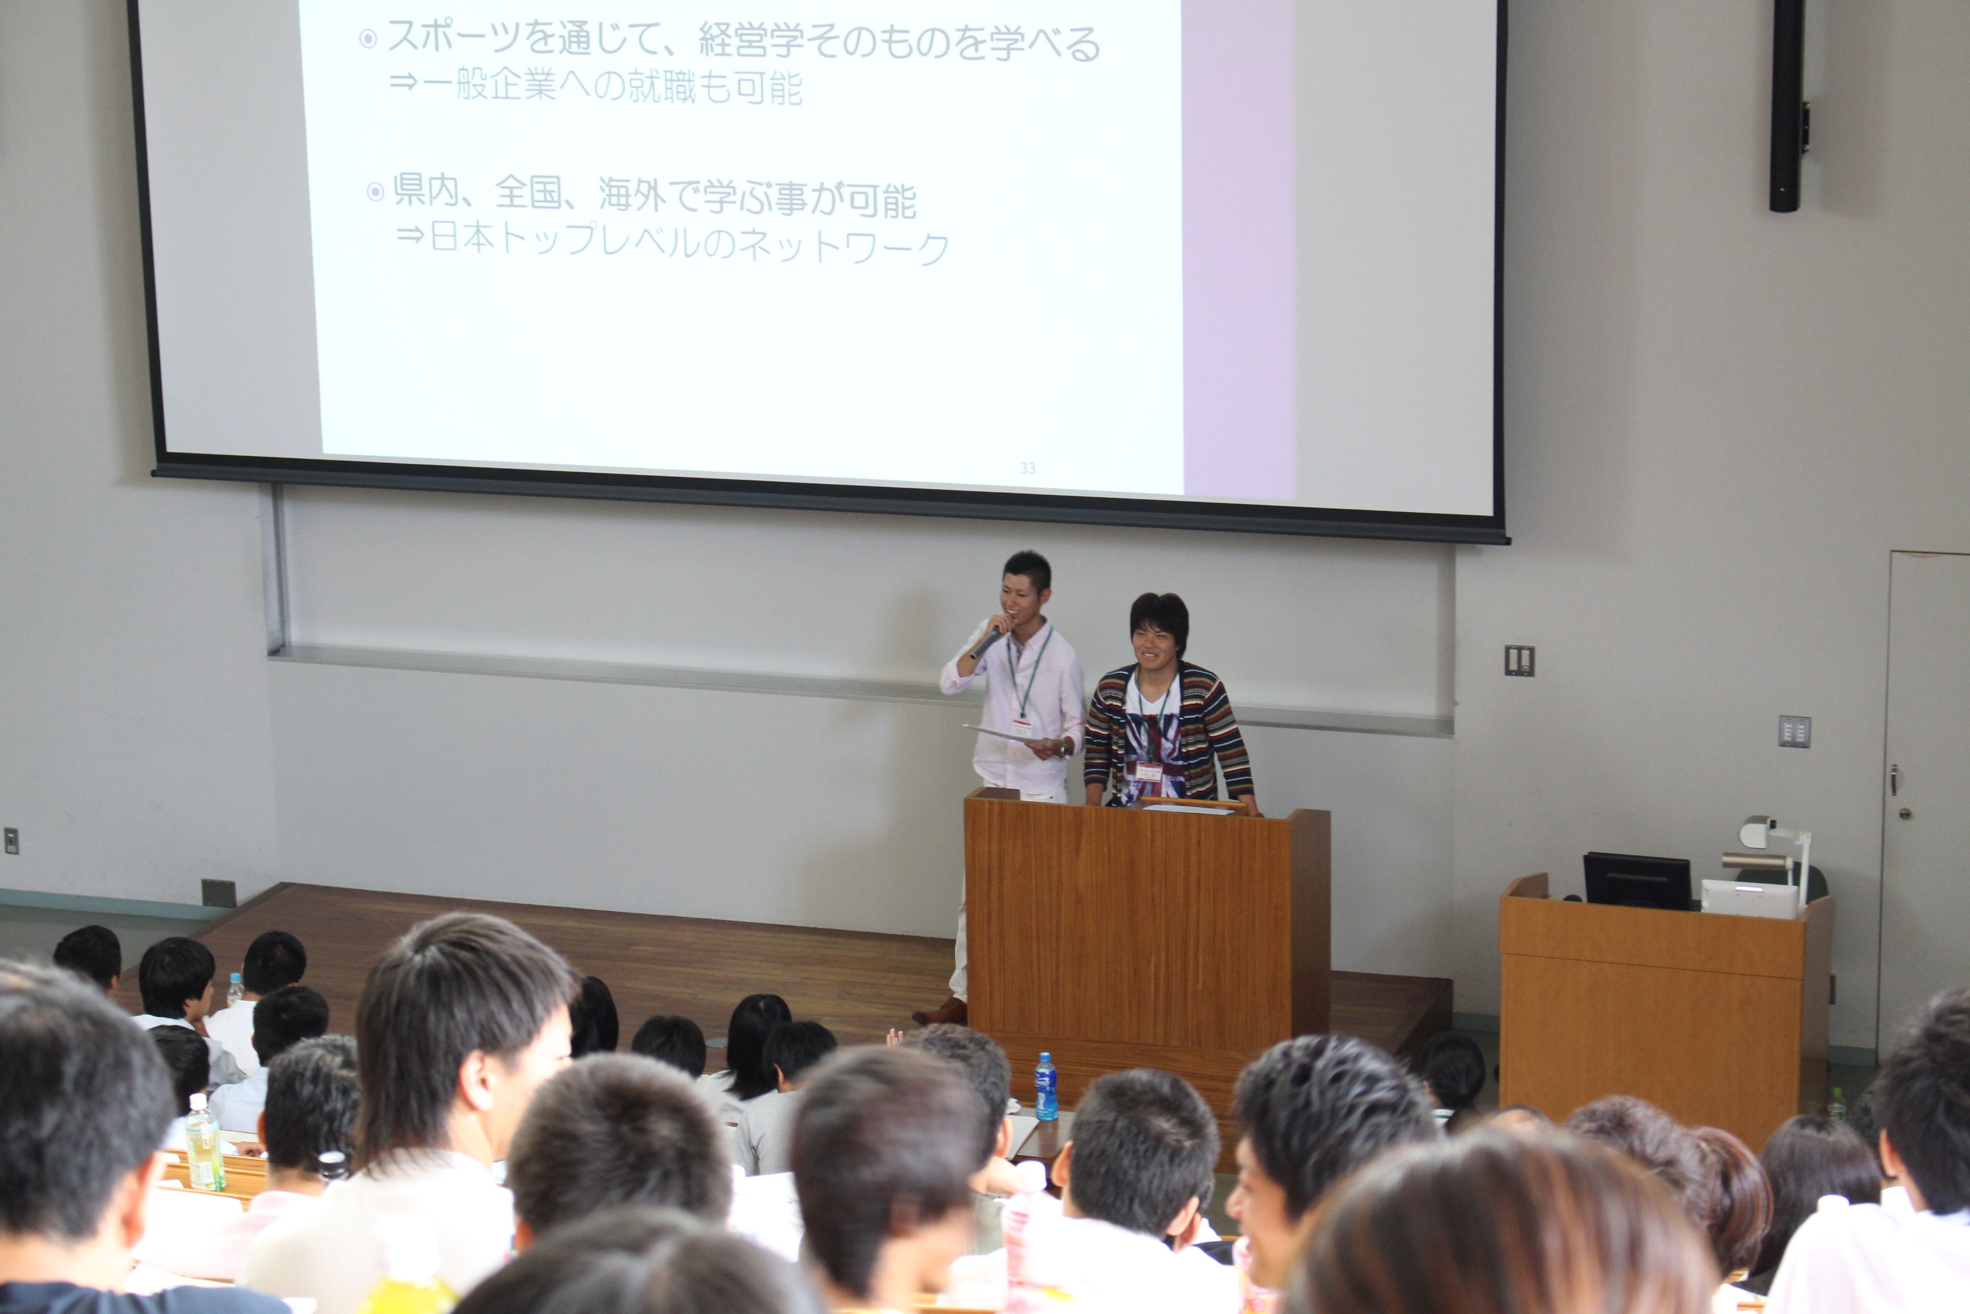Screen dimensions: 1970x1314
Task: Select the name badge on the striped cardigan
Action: [1149, 771]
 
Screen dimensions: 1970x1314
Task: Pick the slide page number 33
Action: [1028, 468]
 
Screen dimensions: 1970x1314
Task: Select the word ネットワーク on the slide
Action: [844, 246]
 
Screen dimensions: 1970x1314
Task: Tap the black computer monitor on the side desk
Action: [1637, 881]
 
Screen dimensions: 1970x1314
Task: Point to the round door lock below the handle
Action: [1904, 813]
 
